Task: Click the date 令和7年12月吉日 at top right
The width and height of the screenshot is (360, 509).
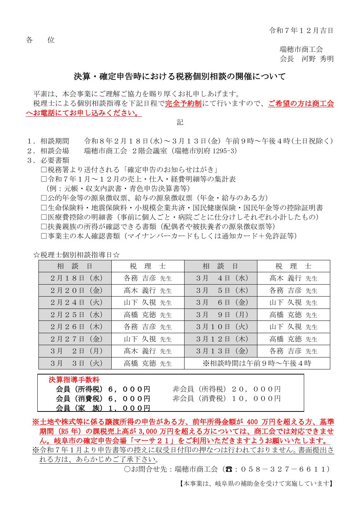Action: point(301,30)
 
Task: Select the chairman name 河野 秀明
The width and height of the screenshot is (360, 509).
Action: point(318,59)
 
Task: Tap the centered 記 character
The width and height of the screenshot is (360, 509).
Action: point(180,123)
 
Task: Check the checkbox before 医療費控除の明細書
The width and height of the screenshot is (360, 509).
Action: point(44,217)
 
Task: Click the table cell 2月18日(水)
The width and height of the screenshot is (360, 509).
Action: point(75,278)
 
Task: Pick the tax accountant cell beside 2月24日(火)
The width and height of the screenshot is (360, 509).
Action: point(148,302)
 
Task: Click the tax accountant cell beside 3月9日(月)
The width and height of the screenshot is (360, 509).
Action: point(293,315)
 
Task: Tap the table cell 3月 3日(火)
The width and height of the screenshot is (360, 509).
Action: point(75,363)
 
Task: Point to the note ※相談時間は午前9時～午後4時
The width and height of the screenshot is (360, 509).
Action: point(257,363)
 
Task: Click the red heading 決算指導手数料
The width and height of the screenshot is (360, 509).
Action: point(74,380)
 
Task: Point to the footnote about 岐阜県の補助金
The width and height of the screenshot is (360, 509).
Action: point(256,484)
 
